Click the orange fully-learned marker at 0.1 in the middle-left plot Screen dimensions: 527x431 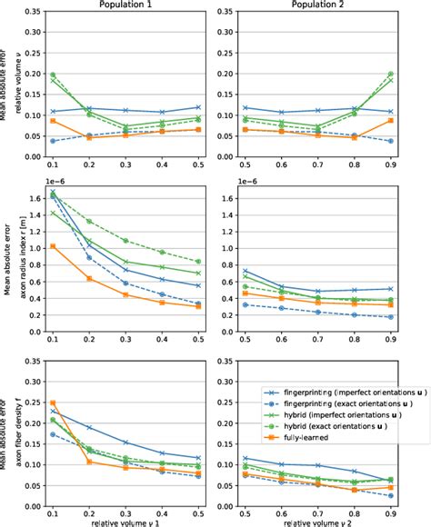pos(53,246)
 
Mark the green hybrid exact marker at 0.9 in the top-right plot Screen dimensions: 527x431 pos(391,74)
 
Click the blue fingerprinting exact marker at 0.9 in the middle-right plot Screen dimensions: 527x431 pos(391,317)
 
